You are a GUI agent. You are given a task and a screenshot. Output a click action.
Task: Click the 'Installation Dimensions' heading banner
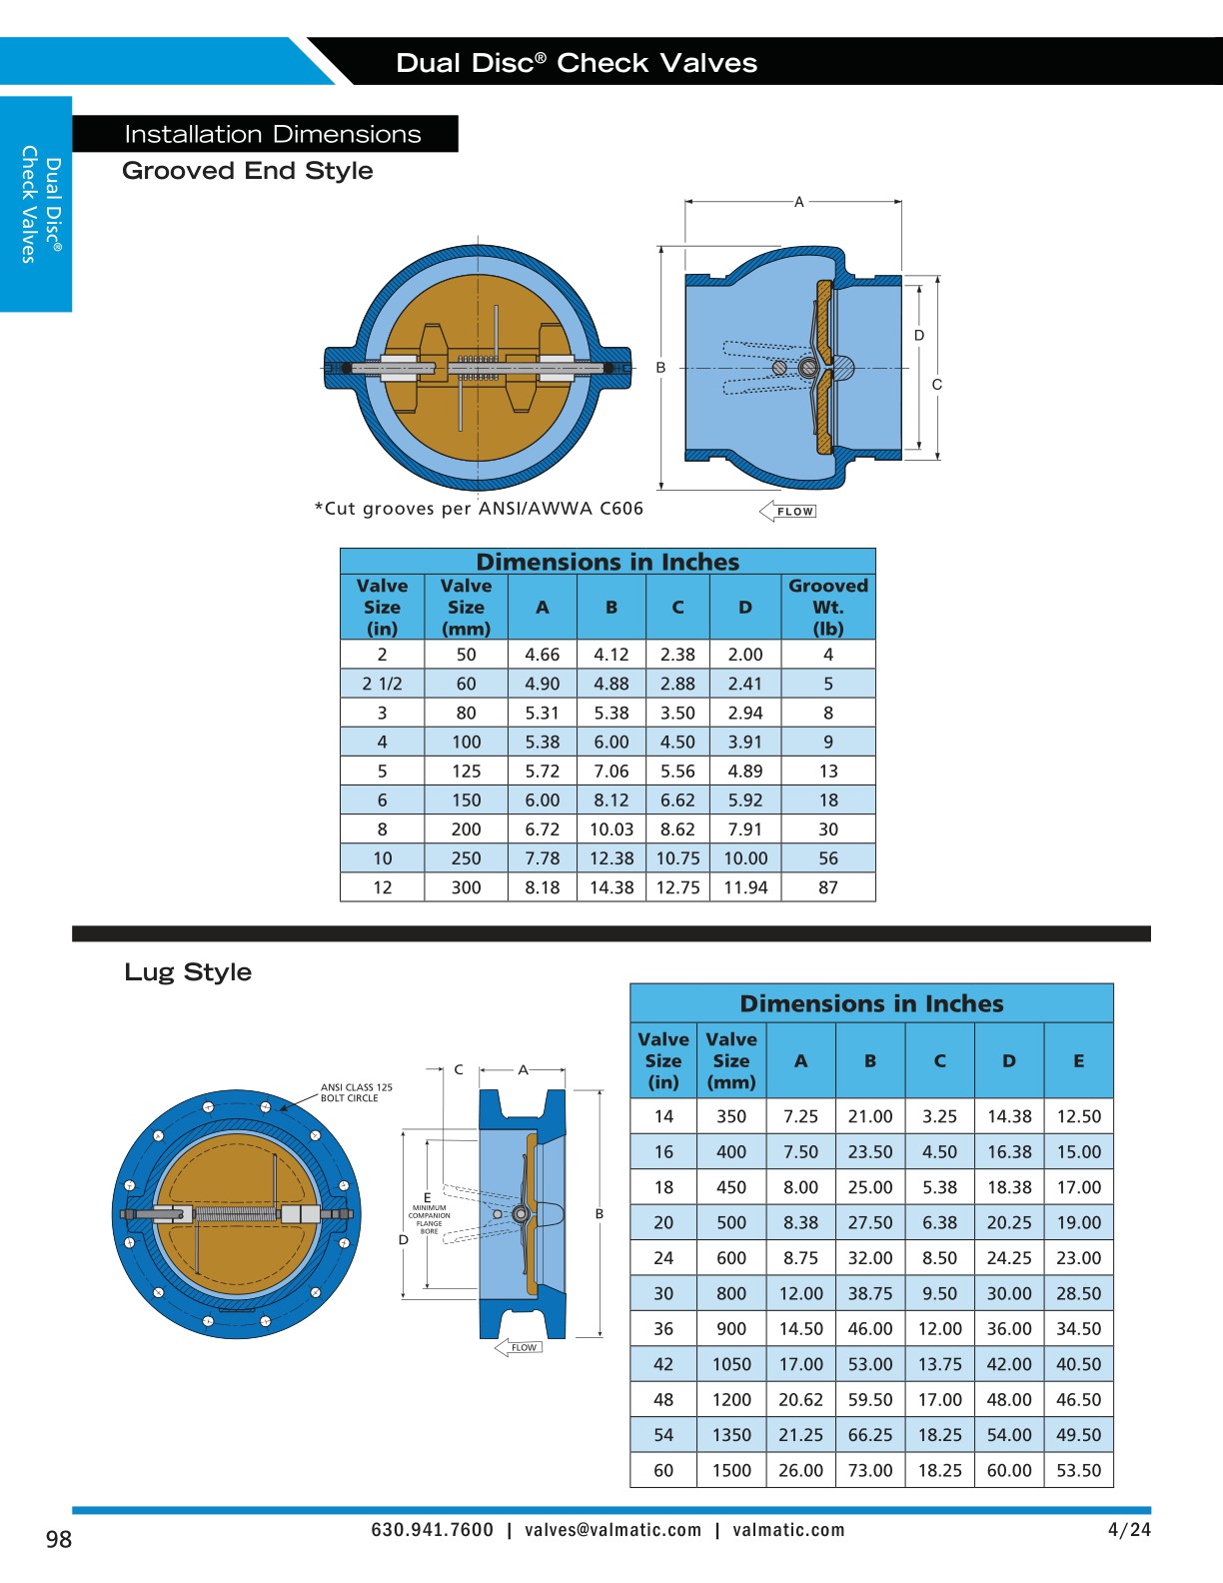(272, 134)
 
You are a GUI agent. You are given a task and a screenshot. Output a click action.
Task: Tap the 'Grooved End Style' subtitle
(247, 171)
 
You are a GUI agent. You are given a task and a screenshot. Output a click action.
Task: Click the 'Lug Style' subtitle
(188, 972)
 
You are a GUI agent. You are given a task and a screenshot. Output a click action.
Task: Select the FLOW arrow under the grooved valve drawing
(788, 512)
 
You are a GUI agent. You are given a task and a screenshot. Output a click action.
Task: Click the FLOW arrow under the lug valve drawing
(519, 1347)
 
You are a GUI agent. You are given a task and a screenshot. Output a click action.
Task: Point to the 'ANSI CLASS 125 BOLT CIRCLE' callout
(356, 1092)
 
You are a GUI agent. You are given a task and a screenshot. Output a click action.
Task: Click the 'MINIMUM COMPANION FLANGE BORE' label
(429, 1219)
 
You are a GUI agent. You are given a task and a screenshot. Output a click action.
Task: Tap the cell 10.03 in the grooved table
(611, 829)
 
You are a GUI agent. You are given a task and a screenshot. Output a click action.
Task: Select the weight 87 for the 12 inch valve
(828, 887)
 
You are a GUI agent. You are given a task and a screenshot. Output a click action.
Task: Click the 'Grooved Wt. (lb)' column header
(828, 607)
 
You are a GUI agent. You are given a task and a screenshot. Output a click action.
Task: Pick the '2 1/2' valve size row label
(382, 684)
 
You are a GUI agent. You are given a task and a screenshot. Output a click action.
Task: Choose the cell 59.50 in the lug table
(870, 1400)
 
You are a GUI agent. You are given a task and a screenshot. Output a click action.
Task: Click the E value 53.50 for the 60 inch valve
(1079, 1471)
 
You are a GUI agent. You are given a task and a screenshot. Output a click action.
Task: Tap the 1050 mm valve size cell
(731, 1364)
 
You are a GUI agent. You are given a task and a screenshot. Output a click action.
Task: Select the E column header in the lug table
(1079, 1061)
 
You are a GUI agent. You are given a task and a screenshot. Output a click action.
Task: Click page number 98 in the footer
(59, 1539)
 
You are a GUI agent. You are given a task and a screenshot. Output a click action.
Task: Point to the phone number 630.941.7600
(432, 1530)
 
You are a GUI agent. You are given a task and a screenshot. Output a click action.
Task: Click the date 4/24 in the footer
(1129, 1529)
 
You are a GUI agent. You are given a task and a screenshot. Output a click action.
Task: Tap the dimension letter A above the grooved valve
(799, 202)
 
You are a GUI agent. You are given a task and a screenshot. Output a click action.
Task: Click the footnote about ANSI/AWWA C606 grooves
(480, 509)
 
